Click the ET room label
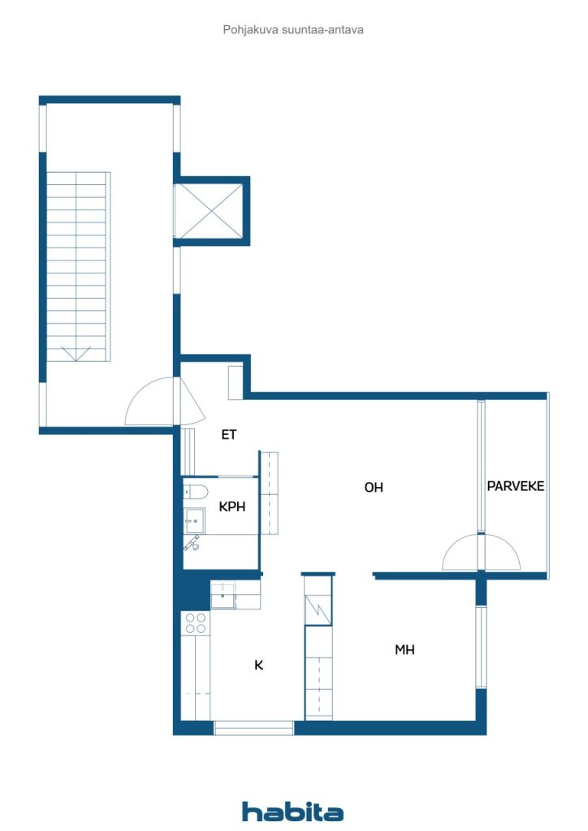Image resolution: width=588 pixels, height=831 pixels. coord(228,435)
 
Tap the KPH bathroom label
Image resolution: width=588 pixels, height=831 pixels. coord(232,506)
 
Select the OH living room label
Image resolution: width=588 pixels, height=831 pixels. coord(374,487)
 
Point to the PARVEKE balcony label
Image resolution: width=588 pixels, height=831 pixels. coord(516,486)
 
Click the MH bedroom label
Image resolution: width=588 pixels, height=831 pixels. coord(404,649)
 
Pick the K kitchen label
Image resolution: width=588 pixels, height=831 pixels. coord(259,665)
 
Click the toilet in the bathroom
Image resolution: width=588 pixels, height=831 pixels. coord(195,492)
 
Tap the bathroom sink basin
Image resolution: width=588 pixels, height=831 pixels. coord(195,520)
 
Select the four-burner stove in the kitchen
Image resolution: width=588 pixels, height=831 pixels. coord(195,622)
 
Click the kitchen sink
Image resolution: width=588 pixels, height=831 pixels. coord(223,594)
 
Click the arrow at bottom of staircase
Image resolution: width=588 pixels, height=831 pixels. coord(76,354)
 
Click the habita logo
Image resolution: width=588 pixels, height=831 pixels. coord(292,812)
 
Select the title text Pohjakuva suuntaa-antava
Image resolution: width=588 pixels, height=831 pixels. coord(293,30)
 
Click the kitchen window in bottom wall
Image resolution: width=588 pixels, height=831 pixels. coord(254,728)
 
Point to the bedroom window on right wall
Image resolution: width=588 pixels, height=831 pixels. coord(481,647)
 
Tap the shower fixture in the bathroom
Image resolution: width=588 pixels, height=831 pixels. coord(192,543)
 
